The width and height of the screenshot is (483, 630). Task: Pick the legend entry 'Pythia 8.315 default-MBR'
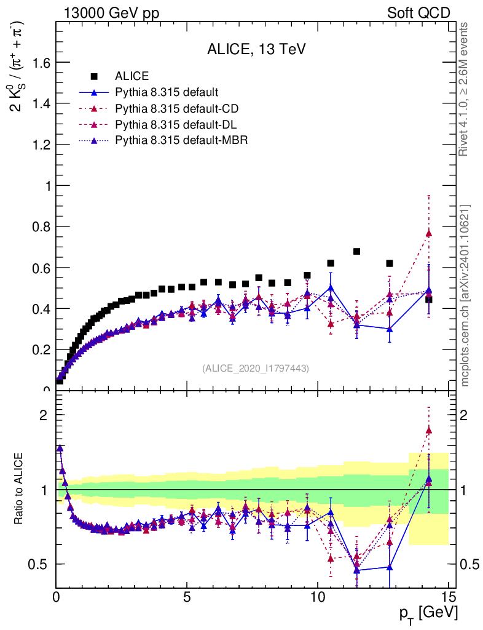(x=181, y=141)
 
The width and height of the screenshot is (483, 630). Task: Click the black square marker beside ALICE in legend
(x=94, y=76)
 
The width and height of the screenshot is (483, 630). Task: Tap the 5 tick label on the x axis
(x=187, y=596)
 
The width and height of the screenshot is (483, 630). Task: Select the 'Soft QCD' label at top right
(x=418, y=13)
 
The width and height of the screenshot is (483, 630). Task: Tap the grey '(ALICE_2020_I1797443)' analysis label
(x=255, y=368)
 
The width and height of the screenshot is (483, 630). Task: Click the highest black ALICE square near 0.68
(x=356, y=251)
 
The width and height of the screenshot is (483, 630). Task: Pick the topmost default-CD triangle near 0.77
(x=428, y=233)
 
